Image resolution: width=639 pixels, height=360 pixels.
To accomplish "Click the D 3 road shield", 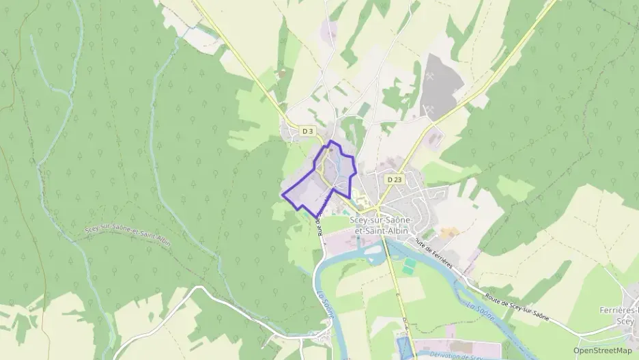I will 308,130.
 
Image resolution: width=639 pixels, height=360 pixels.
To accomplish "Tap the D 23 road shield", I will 393,179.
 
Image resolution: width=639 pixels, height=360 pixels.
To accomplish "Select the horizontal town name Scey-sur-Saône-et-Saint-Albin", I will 378,225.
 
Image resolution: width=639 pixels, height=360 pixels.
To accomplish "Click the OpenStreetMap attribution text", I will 602,350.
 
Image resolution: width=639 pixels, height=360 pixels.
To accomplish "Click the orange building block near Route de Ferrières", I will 447,233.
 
